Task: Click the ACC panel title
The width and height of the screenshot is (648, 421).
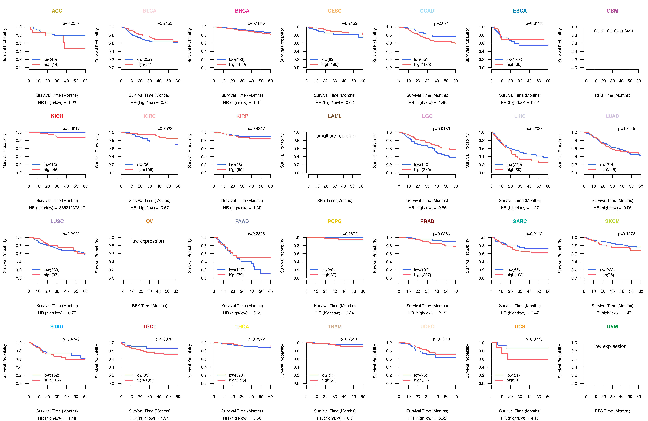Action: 57,11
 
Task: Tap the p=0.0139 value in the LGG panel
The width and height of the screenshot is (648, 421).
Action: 441,129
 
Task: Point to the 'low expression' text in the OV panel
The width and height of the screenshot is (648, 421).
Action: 147,241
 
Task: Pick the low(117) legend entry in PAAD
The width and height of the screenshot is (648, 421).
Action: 236,270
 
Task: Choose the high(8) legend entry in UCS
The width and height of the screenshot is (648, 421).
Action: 513,380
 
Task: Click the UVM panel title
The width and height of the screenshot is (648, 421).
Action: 612,327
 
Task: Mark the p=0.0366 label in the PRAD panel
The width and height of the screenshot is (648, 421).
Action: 441,234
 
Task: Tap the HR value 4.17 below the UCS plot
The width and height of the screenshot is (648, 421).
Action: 535,418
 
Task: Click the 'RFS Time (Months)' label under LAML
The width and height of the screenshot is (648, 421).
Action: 335,201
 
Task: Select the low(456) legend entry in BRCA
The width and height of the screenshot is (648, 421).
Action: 236,59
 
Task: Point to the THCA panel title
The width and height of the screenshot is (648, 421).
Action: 242,327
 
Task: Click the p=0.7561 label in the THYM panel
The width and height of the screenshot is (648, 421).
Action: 349,339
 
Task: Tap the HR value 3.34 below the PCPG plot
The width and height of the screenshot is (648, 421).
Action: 350,313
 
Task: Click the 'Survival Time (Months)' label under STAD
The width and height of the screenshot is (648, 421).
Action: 57,411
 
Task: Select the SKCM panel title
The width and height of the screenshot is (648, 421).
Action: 612,221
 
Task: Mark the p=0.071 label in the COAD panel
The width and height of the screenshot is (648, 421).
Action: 441,23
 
